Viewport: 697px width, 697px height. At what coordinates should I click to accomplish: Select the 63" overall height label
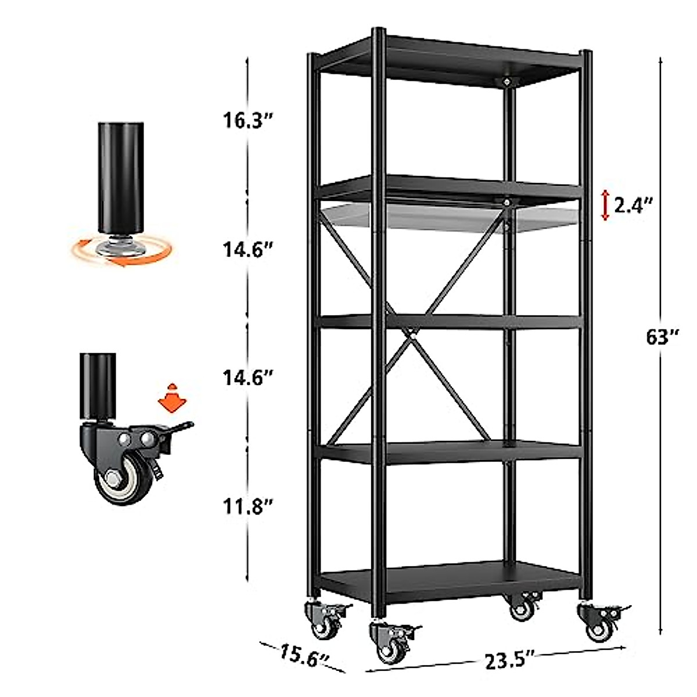pos(663,337)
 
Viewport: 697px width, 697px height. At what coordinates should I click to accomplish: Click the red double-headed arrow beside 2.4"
pos(605,205)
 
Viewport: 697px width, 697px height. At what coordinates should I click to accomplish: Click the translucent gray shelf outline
pos(441,216)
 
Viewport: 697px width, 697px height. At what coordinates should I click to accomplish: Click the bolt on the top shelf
pos(508,82)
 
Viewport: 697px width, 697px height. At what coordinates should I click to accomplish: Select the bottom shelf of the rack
pos(450,581)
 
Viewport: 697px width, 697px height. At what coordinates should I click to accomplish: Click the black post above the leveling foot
pos(120,174)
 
